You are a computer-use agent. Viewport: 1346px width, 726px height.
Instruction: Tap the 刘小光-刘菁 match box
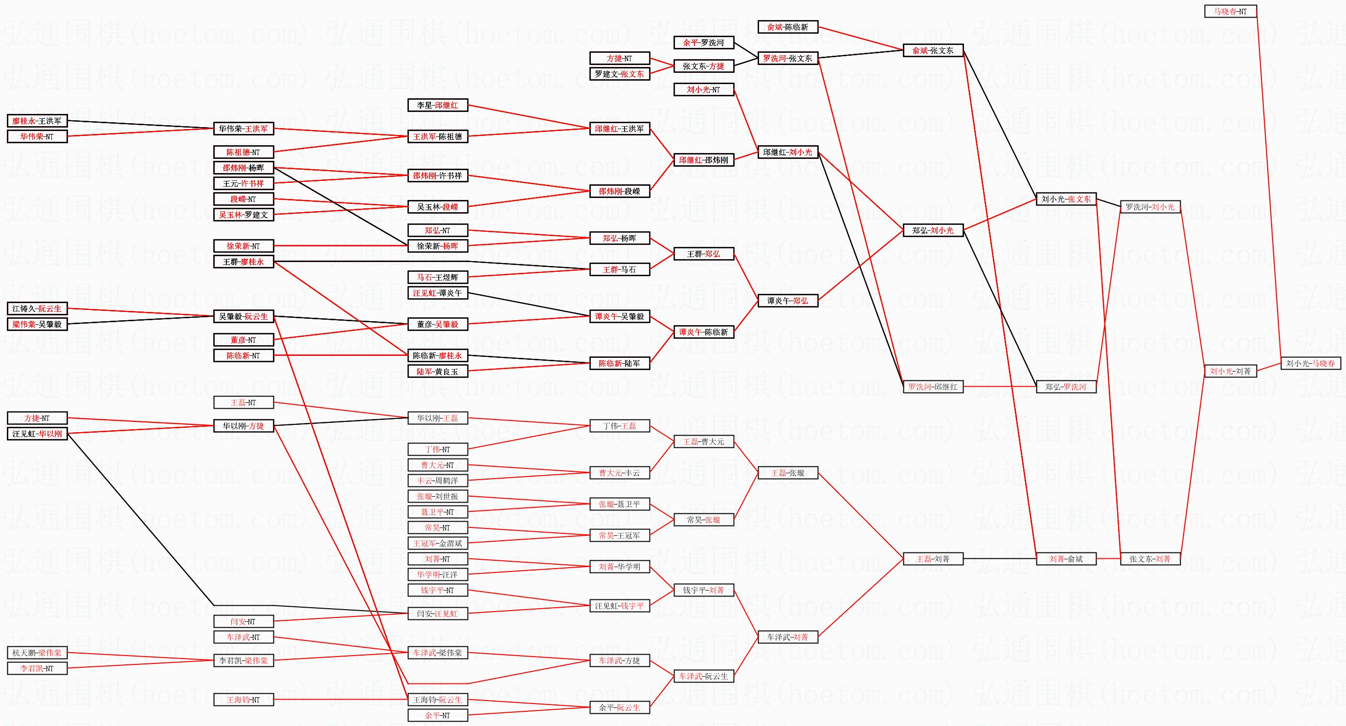(x=1230, y=372)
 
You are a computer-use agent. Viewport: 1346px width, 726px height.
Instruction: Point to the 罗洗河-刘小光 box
(x=1150, y=207)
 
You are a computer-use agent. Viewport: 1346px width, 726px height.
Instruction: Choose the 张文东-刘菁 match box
(x=1150, y=559)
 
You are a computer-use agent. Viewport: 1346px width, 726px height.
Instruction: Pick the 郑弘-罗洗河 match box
(x=1066, y=387)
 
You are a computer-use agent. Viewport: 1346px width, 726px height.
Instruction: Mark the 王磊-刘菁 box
(x=933, y=559)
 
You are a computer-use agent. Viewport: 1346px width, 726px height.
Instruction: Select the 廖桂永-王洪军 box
(x=37, y=121)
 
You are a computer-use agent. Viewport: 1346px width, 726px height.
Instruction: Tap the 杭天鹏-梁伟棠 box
(x=37, y=653)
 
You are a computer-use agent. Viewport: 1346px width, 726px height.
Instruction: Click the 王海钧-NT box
(x=244, y=700)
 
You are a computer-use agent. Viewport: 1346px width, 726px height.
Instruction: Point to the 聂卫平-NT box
(x=437, y=512)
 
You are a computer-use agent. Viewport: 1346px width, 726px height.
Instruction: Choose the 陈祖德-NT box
(x=244, y=153)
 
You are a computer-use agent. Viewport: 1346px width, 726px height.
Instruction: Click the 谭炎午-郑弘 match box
(x=787, y=301)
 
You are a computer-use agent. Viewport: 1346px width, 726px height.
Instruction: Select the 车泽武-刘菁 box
(x=787, y=637)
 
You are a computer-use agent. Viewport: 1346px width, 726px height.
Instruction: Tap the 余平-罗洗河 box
(x=703, y=43)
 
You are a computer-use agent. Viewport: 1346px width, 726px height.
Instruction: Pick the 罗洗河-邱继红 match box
(x=933, y=387)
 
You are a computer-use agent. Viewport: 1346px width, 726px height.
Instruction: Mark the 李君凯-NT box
(x=37, y=668)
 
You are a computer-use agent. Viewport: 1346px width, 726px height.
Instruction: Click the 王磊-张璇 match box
(x=787, y=473)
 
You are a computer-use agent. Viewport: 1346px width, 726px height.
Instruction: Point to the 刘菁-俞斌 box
(x=1066, y=559)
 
